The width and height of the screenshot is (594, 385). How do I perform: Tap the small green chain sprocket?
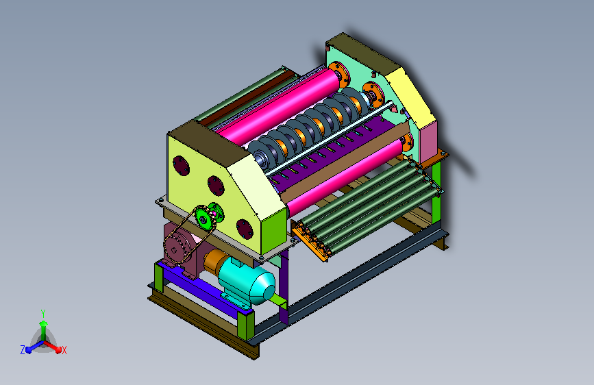coord(205,219)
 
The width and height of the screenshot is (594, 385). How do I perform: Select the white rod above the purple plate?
coord(328,138)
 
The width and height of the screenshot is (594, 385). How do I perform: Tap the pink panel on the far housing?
coord(428,142)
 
